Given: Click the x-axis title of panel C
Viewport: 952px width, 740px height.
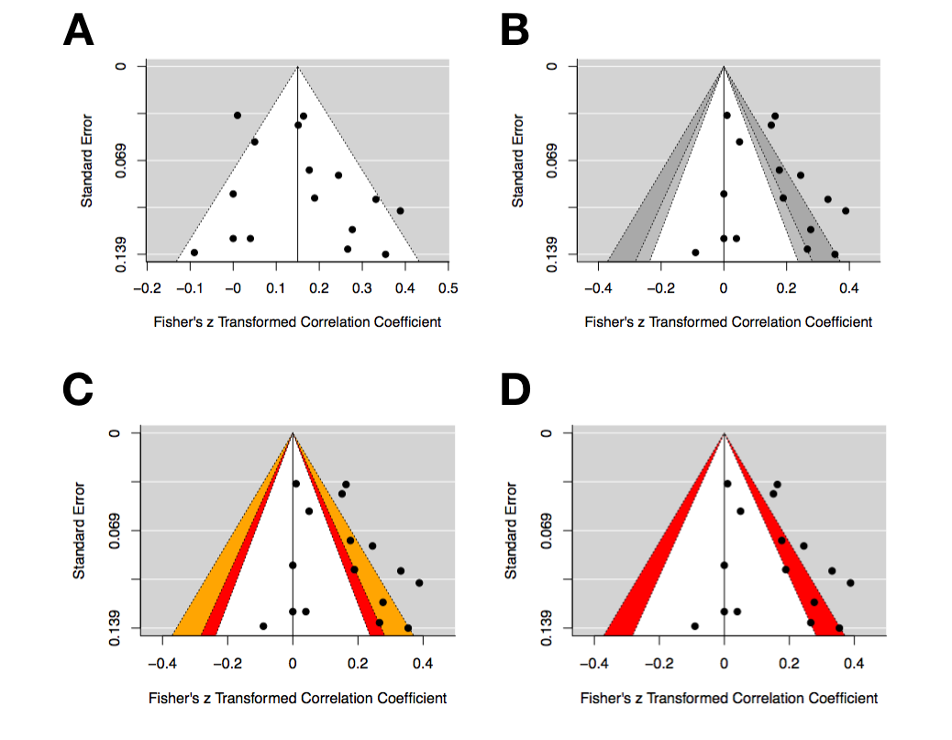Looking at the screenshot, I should pos(297,699).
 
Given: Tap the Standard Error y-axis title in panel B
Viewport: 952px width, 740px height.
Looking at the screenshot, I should pos(518,160).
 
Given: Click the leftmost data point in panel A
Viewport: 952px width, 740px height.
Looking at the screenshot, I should pos(194,252).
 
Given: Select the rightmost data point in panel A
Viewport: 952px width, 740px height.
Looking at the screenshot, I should pos(400,210).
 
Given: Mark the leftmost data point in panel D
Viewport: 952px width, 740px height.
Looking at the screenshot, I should pos(694,626).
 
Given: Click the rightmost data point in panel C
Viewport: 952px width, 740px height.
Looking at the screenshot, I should pos(419,582).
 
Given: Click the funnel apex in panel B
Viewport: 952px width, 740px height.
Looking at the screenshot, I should pos(724,66).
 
